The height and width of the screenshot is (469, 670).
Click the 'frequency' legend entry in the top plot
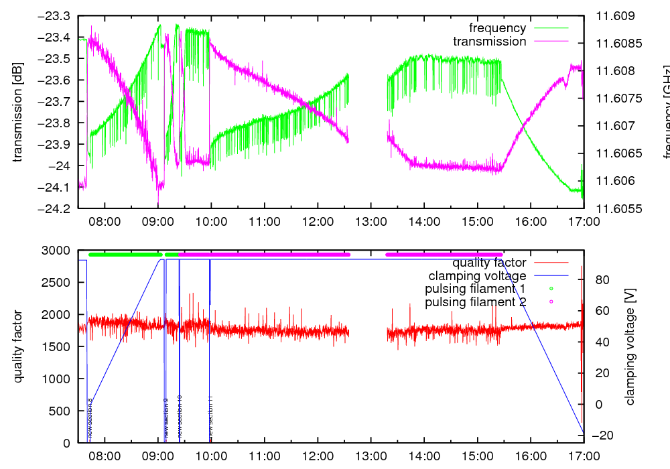(497, 28)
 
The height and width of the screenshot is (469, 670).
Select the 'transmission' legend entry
(489, 42)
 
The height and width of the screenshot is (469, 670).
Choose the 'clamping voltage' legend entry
(477, 275)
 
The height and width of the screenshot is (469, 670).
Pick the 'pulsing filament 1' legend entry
(475, 289)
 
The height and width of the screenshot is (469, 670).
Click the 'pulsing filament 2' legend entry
(475, 302)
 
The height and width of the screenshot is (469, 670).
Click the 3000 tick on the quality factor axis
(58, 251)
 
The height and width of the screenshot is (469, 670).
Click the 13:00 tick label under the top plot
(371, 222)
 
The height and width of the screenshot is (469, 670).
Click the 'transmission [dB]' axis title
(18, 112)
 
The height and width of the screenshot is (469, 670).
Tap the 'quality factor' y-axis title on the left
(18, 346)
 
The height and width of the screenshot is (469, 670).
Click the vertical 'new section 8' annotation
(90, 419)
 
